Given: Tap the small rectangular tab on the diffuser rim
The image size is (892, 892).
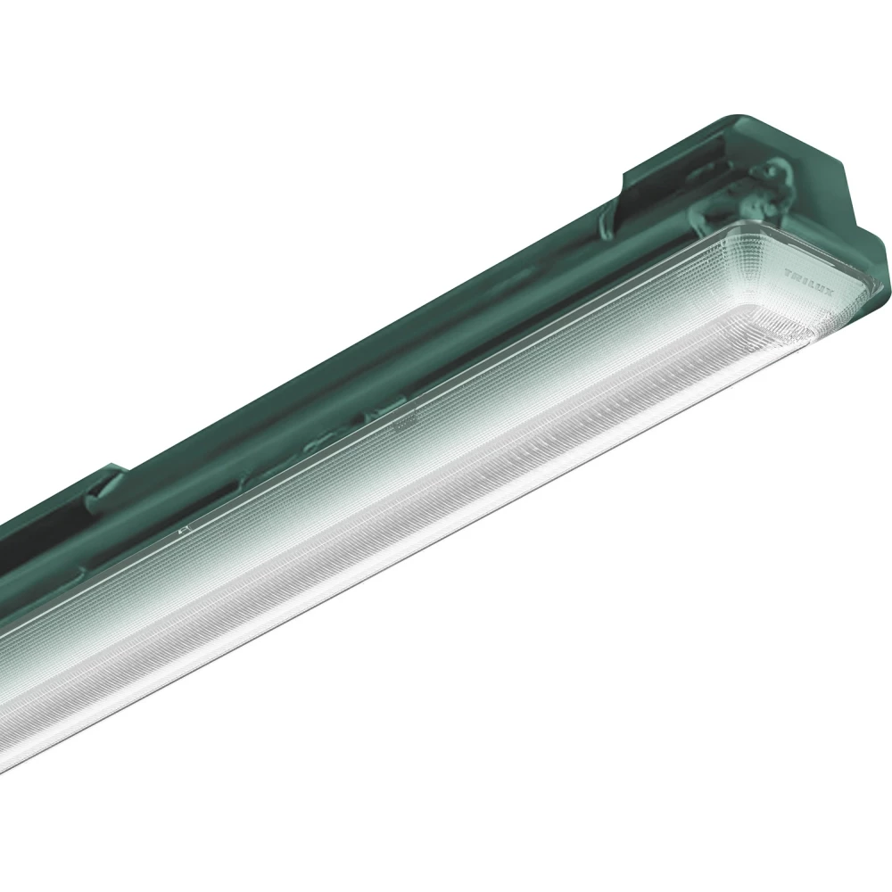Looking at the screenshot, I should tap(401, 417).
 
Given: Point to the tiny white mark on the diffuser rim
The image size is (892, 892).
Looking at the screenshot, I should tap(183, 529).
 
